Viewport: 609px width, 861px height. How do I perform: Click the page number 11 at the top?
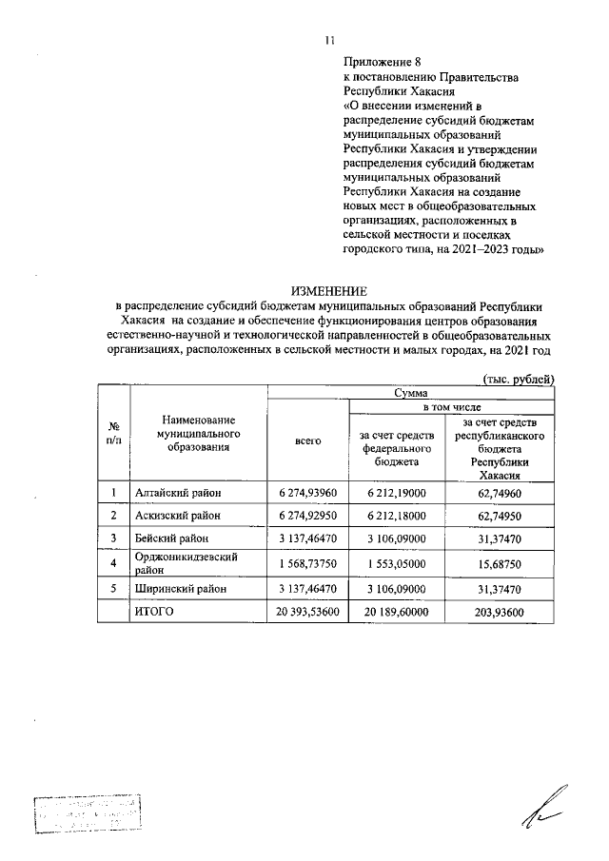(x=329, y=40)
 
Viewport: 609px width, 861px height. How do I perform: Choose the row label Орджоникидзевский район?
(x=186, y=561)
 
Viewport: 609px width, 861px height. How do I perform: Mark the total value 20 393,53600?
(x=308, y=613)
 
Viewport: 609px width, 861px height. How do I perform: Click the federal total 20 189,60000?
(x=397, y=613)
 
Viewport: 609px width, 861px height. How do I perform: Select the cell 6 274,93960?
(x=308, y=492)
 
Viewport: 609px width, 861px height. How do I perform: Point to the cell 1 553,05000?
(x=397, y=561)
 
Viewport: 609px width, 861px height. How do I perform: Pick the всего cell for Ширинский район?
(x=308, y=590)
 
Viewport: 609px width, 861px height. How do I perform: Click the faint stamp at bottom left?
(x=86, y=815)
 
